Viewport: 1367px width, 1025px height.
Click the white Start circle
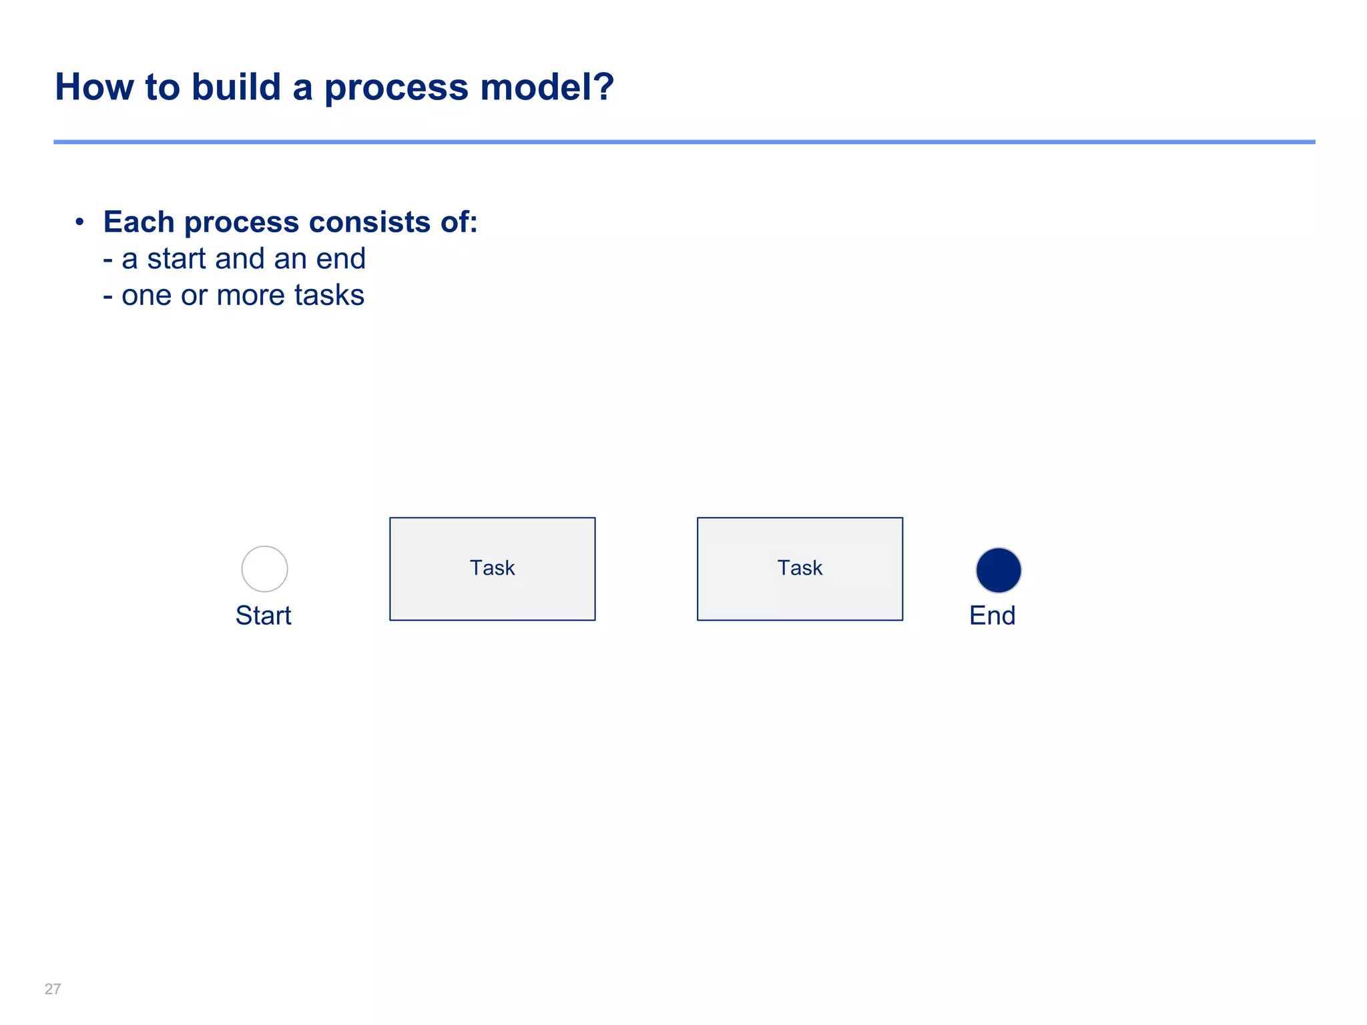pyautogui.click(x=264, y=569)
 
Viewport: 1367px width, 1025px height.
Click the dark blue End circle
pyautogui.click(x=998, y=571)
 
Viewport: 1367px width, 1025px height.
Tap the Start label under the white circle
pyautogui.click(x=264, y=615)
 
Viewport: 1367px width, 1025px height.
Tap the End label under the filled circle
pyautogui.click(x=992, y=615)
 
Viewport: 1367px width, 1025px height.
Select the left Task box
pyautogui.click(x=492, y=569)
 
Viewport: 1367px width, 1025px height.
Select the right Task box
pyautogui.click(x=800, y=569)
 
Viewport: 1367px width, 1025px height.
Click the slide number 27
pyautogui.click(x=53, y=989)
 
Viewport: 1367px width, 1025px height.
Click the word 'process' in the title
pyautogui.click(x=396, y=87)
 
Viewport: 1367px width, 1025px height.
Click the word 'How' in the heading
pyautogui.click(x=94, y=87)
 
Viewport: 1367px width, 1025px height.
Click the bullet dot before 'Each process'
pyautogui.click(x=79, y=222)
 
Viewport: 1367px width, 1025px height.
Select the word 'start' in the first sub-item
pyautogui.click(x=176, y=259)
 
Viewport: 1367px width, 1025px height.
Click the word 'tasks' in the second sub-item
pyautogui.click(x=329, y=295)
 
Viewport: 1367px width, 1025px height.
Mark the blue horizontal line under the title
pyautogui.click(x=683, y=142)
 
